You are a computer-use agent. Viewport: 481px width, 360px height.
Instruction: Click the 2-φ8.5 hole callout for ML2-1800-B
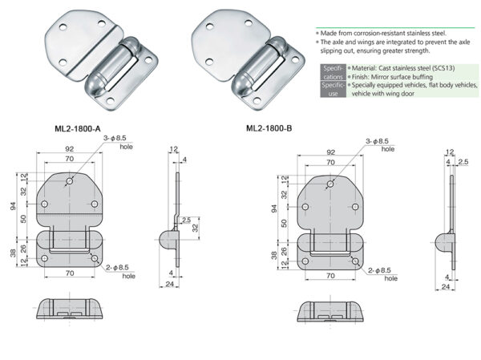pos(378,273)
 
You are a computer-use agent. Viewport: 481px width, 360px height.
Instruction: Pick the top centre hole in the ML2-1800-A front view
pos(71,183)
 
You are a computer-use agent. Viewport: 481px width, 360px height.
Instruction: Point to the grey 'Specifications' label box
pos(332,72)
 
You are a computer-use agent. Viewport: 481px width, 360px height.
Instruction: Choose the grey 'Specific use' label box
pos(332,89)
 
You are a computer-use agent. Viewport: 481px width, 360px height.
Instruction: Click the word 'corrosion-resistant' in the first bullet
pos(370,32)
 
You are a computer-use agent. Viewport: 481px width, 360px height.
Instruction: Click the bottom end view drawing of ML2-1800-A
pos(71,311)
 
